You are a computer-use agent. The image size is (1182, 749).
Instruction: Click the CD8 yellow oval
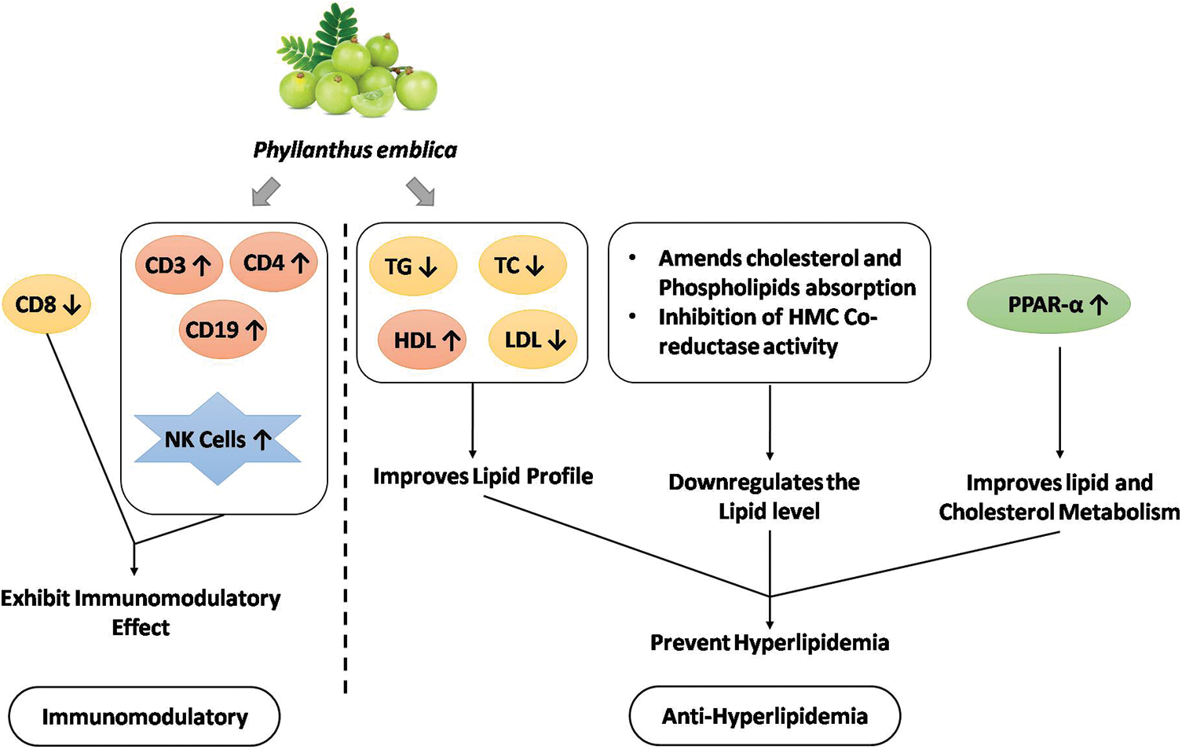47,304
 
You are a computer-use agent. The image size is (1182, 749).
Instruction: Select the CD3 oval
178,265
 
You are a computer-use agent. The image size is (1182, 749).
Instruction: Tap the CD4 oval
274,263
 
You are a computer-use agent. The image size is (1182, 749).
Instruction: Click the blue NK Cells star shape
218,439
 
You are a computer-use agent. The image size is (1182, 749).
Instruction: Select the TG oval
411,266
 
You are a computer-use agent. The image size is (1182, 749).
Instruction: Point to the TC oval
521,266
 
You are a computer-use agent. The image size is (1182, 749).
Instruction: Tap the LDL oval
535,340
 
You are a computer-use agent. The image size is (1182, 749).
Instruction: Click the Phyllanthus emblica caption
355,149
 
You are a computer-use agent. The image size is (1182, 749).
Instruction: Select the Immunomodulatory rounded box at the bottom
145,716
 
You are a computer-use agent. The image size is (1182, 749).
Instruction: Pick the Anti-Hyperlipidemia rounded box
764,715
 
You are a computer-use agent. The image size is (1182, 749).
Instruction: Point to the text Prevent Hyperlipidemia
769,642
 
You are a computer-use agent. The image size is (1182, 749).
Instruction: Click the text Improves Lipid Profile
482,475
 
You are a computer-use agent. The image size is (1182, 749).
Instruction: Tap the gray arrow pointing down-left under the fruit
265,192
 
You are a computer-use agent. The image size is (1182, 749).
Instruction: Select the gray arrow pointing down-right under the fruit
420,192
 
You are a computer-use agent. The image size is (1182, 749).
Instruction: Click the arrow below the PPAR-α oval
1059,401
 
